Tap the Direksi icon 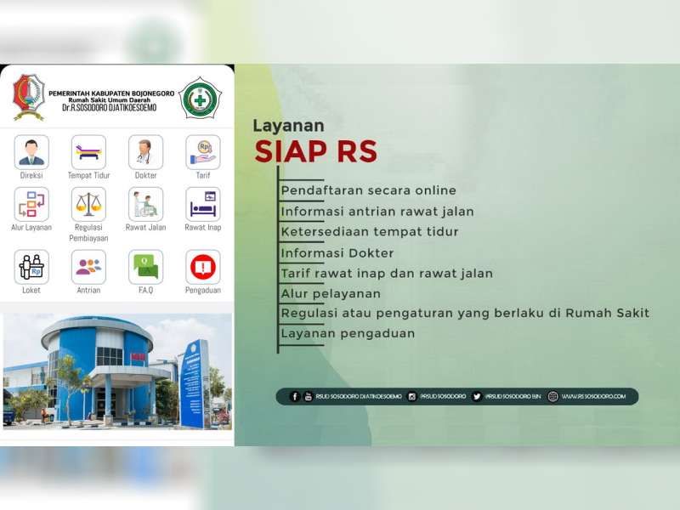(x=31, y=152)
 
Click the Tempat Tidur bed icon (x=88, y=152)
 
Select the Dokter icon (x=145, y=152)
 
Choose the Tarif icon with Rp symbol (x=202, y=152)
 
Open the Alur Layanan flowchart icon (x=31, y=204)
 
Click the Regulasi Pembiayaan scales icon (x=88, y=204)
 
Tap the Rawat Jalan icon (x=145, y=204)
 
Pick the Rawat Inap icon (x=202, y=204)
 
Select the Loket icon (x=31, y=267)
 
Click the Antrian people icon (x=88, y=267)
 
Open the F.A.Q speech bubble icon (x=145, y=267)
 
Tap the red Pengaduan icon (x=202, y=267)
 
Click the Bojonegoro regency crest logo (x=28, y=97)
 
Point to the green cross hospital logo (x=201, y=99)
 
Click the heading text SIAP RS (x=315, y=151)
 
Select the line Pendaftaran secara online (x=368, y=190)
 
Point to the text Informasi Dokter (x=337, y=252)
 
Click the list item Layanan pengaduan (x=348, y=333)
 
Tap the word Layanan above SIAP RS (x=288, y=126)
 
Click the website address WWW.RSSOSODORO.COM (x=592, y=396)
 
